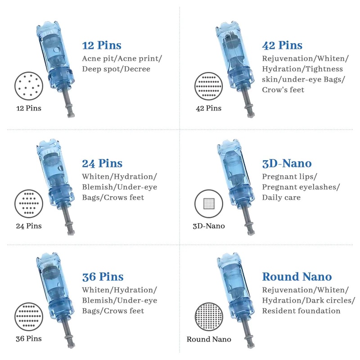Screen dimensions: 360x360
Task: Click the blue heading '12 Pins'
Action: (102, 45)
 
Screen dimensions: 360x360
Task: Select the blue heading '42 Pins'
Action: (282, 45)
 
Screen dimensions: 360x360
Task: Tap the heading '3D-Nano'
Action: (287, 163)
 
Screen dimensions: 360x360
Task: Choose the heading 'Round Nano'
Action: (297, 276)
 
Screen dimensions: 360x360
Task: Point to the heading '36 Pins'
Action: (103, 276)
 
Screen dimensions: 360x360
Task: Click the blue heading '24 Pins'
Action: (102, 163)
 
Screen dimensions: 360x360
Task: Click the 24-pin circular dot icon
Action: (28, 204)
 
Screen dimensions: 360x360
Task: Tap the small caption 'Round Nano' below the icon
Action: (209, 339)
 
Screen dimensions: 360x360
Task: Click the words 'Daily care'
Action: (281, 197)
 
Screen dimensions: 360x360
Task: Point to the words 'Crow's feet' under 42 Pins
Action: (283, 90)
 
